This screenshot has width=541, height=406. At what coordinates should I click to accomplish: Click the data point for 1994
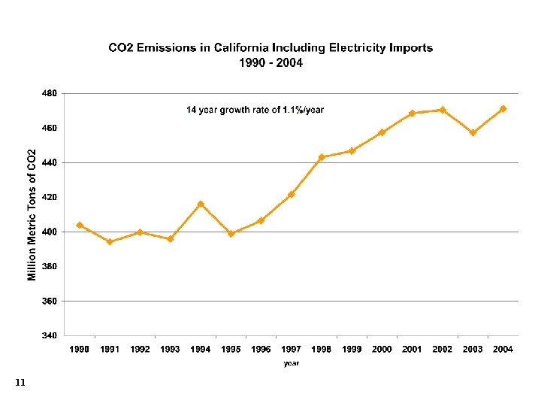click(201, 204)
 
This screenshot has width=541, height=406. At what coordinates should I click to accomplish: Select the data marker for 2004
click(503, 108)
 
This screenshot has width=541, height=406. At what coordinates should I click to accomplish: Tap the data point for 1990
click(80, 225)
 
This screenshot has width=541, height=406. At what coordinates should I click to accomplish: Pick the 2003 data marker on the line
click(473, 133)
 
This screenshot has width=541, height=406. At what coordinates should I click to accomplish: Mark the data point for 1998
click(322, 157)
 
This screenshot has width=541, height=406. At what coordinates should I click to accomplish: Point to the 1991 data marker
click(110, 241)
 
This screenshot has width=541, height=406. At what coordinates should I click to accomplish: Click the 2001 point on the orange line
click(413, 113)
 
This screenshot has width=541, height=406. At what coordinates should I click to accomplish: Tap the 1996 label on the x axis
click(261, 350)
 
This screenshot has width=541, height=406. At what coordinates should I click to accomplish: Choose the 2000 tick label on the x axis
click(382, 350)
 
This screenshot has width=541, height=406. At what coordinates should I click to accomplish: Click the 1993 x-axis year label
click(170, 350)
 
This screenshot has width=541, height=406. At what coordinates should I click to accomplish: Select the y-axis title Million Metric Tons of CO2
click(32, 214)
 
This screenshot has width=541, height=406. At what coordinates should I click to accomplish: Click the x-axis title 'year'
click(292, 364)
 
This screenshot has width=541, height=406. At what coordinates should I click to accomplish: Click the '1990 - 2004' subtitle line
click(270, 63)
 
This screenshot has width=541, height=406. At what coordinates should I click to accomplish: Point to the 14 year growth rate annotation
click(255, 111)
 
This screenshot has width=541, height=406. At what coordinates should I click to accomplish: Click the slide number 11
click(20, 383)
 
